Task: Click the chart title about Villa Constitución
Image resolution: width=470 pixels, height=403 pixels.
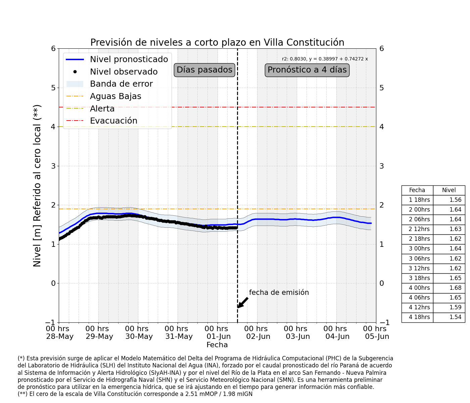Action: pos(217,42)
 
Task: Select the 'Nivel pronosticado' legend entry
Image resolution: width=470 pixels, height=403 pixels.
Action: pos(117,59)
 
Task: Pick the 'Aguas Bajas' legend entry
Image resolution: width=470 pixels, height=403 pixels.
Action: pos(104,96)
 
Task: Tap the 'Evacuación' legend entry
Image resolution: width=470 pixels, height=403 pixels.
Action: pos(102,121)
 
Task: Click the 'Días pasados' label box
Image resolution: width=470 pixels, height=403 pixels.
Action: pos(204,70)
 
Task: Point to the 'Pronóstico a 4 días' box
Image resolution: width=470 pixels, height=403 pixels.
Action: pos(307,70)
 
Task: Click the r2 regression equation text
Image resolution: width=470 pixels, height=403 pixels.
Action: pos(325,59)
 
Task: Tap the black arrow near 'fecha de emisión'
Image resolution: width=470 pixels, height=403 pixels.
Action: pos(242,303)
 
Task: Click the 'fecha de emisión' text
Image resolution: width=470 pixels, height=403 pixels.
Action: pos(279,293)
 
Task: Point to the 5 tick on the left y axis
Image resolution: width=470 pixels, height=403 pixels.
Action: pos(53,88)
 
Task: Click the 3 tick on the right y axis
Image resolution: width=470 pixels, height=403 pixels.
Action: pos(382,166)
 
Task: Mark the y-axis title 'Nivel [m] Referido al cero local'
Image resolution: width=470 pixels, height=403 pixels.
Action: pos(37,186)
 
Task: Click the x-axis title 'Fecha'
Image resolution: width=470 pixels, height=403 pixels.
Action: pos(217,345)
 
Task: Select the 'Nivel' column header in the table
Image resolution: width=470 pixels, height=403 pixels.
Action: pos(449,190)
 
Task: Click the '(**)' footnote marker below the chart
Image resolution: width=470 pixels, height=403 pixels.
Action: pos(22,394)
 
